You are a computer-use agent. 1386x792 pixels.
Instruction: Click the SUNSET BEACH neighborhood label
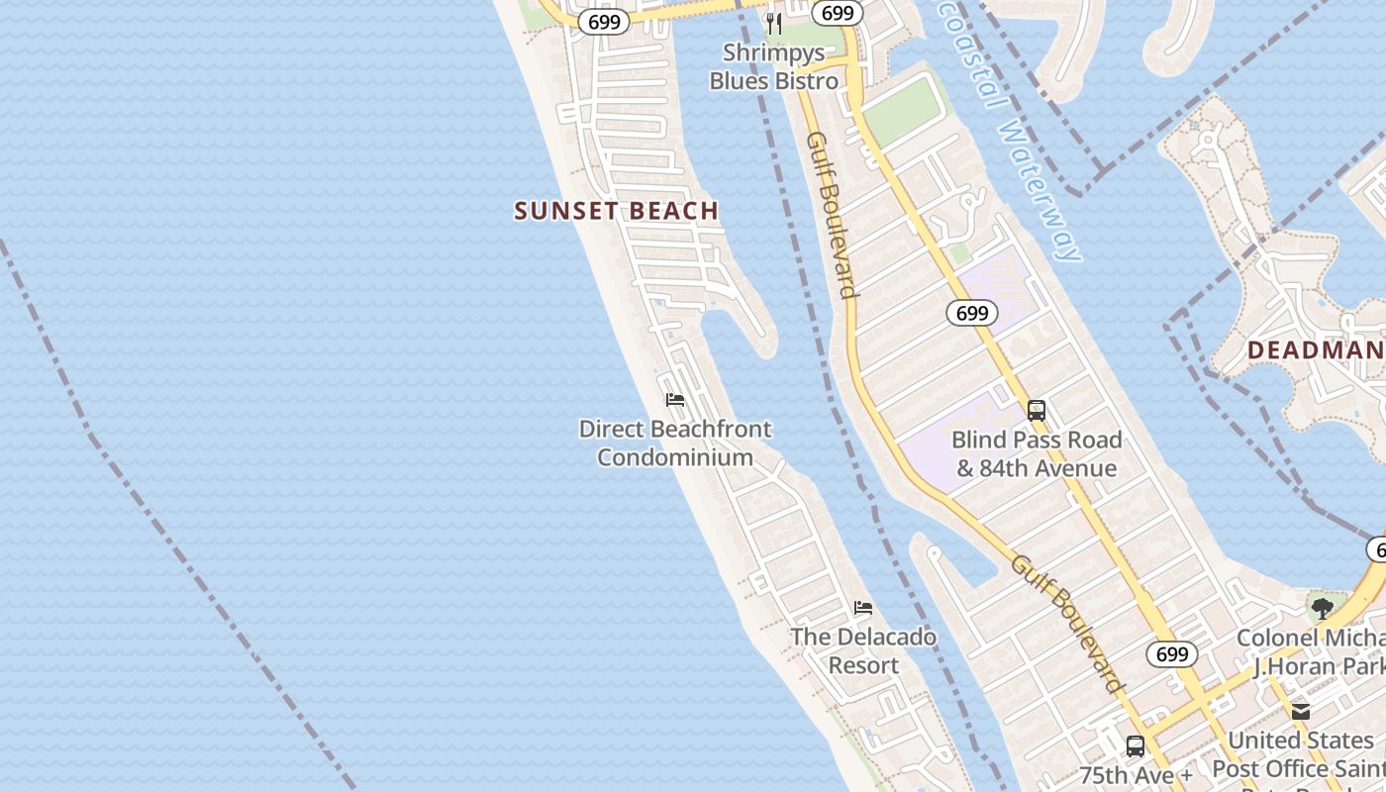click(616, 210)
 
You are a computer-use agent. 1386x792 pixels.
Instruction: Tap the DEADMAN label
click(1316, 349)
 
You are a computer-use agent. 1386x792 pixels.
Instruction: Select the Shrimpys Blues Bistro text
click(773, 66)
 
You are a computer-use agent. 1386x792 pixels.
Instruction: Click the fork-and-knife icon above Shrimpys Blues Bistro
click(774, 23)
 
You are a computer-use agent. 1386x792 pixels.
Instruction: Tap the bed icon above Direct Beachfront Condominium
click(675, 400)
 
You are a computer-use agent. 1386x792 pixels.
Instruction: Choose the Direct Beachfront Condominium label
click(675, 443)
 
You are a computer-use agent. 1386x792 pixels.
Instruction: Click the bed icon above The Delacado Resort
click(863, 607)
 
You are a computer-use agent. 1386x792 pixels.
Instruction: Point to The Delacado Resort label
click(863, 650)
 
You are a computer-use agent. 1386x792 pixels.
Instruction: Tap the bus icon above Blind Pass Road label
click(1037, 410)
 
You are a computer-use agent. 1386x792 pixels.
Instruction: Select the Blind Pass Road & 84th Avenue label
click(1036, 453)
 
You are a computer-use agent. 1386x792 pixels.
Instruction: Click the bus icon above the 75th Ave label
click(1136, 745)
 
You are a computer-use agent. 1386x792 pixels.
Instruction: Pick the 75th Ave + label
click(1136, 774)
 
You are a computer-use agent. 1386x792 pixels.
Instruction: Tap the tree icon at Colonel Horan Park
click(1322, 608)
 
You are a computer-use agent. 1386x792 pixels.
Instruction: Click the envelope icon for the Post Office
click(1301, 711)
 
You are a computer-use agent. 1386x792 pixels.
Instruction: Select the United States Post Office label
click(1301, 754)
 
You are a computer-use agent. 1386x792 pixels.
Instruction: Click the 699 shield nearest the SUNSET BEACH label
click(604, 21)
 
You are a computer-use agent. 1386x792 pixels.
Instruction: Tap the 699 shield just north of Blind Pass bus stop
click(972, 313)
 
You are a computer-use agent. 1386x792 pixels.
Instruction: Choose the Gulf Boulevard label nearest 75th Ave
click(1068, 624)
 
